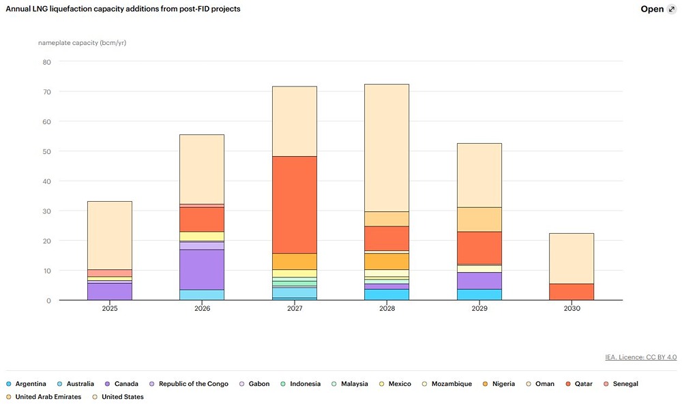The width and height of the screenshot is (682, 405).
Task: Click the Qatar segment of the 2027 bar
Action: click(294, 205)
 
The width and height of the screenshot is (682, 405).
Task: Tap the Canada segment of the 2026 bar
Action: click(202, 269)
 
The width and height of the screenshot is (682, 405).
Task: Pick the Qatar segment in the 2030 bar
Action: click(572, 292)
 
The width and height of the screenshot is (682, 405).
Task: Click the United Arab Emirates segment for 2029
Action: click(479, 219)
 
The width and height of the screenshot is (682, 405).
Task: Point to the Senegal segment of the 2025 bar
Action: click(110, 273)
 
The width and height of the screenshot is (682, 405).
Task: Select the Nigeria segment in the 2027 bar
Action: click(294, 261)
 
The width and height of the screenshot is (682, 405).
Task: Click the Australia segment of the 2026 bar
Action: click(202, 295)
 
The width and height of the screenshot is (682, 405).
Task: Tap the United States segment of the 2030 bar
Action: click(572, 258)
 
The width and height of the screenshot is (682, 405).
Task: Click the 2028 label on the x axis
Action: click(387, 309)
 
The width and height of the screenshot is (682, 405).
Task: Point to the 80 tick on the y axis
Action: click(46, 62)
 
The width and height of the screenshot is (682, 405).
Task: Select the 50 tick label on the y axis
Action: click(46, 151)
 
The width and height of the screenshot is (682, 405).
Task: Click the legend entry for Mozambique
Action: click(451, 384)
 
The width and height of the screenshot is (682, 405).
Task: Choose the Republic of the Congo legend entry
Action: click(193, 384)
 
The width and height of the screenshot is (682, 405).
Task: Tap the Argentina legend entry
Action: click(30, 384)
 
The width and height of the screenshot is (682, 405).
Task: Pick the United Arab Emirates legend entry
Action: click(47, 397)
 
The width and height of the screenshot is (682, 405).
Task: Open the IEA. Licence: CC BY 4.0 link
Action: click(640, 357)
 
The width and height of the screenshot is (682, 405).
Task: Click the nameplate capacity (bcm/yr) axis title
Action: click(82, 43)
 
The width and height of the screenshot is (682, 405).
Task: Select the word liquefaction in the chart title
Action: click(72, 9)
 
